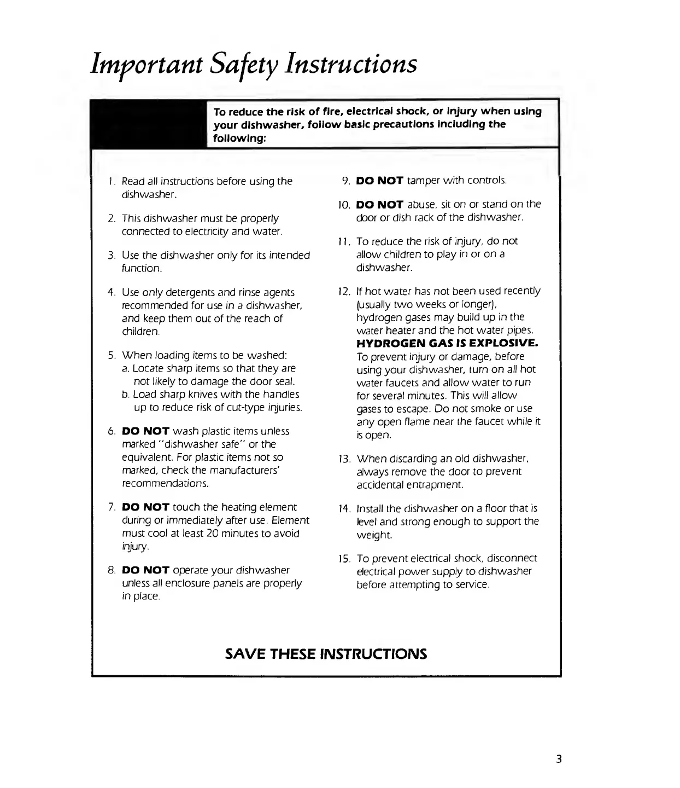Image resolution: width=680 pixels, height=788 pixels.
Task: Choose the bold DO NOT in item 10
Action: (x=379, y=204)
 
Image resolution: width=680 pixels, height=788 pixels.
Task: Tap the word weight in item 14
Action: (x=374, y=535)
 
